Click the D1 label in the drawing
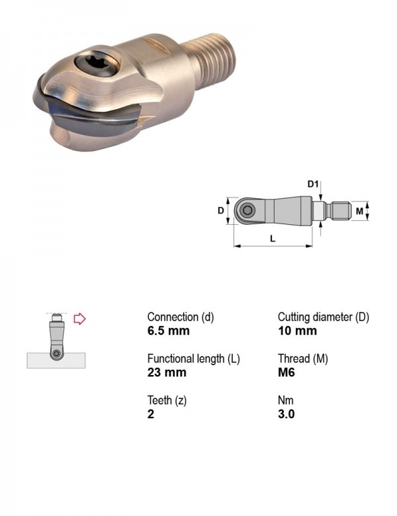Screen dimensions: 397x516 [313, 184]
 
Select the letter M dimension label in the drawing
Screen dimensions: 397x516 [359, 211]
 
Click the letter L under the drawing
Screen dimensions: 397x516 [273, 238]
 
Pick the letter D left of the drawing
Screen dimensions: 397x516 [220, 210]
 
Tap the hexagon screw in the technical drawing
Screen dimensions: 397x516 [247, 210]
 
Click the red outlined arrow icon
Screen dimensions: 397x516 [79, 319]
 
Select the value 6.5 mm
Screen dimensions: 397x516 [168, 331]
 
